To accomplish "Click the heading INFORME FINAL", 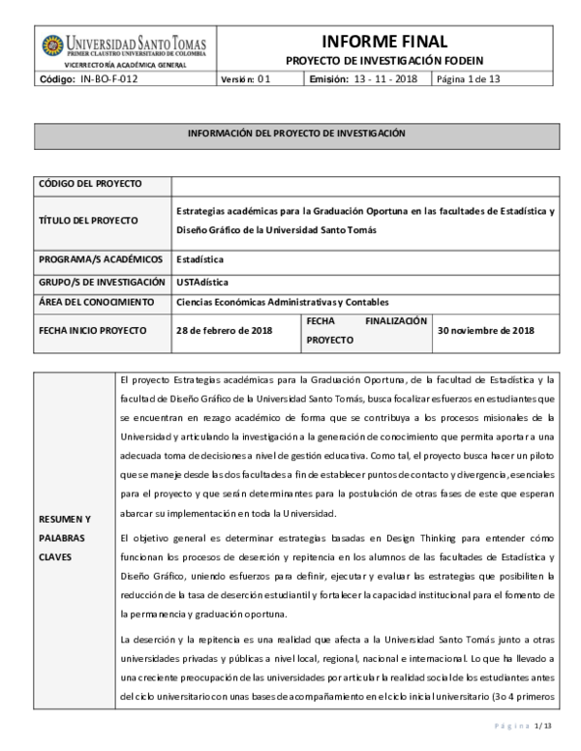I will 397,41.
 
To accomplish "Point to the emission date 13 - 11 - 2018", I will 385,79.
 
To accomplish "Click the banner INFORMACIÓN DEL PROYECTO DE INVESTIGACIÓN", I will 296,133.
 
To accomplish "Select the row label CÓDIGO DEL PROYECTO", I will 89,183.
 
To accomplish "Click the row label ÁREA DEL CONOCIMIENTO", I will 97,302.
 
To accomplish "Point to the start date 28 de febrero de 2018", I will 224,330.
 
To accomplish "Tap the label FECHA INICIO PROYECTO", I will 92,330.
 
